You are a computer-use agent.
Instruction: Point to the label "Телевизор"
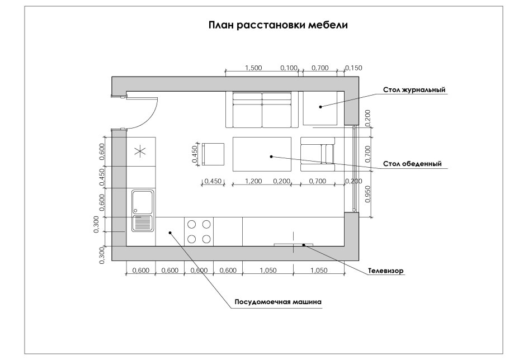385,272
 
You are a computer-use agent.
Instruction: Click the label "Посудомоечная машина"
278,302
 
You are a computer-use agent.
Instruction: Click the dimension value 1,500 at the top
253,68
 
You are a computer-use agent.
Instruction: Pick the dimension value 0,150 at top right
354,68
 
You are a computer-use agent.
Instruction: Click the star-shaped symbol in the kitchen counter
140,150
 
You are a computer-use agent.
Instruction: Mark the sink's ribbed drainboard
142,224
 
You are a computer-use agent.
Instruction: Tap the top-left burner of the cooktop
192,224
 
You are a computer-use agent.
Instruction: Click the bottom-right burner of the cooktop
206,239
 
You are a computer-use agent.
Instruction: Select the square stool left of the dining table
213,154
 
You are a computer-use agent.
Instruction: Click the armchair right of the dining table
317,154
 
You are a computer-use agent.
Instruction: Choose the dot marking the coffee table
321,106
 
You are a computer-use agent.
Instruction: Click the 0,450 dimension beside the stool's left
195,154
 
